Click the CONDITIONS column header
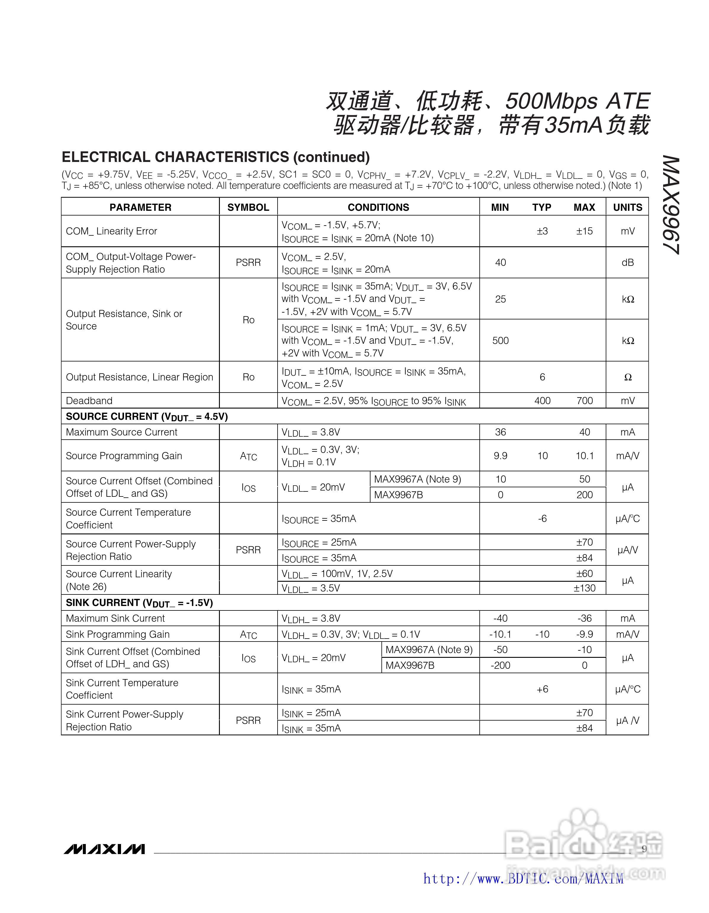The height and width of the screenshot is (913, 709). click(x=378, y=207)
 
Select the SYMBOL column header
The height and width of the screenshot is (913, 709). click(x=248, y=207)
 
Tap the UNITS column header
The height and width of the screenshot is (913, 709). click(x=628, y=207)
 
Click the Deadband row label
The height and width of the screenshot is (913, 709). click(x=89, y=401)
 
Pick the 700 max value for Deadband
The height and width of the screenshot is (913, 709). click(x=584, y=401)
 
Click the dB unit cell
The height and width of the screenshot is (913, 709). click(x=628, y=263)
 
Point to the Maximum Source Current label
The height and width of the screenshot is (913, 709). click(x=122, y=432)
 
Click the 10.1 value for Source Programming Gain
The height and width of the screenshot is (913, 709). click(x=584, y=456)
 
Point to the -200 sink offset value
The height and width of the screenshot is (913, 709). click(x=500, y=665)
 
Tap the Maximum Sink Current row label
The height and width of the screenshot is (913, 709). click(x=115, y=618)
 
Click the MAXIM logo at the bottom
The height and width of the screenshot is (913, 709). click(x=104, y=849)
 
